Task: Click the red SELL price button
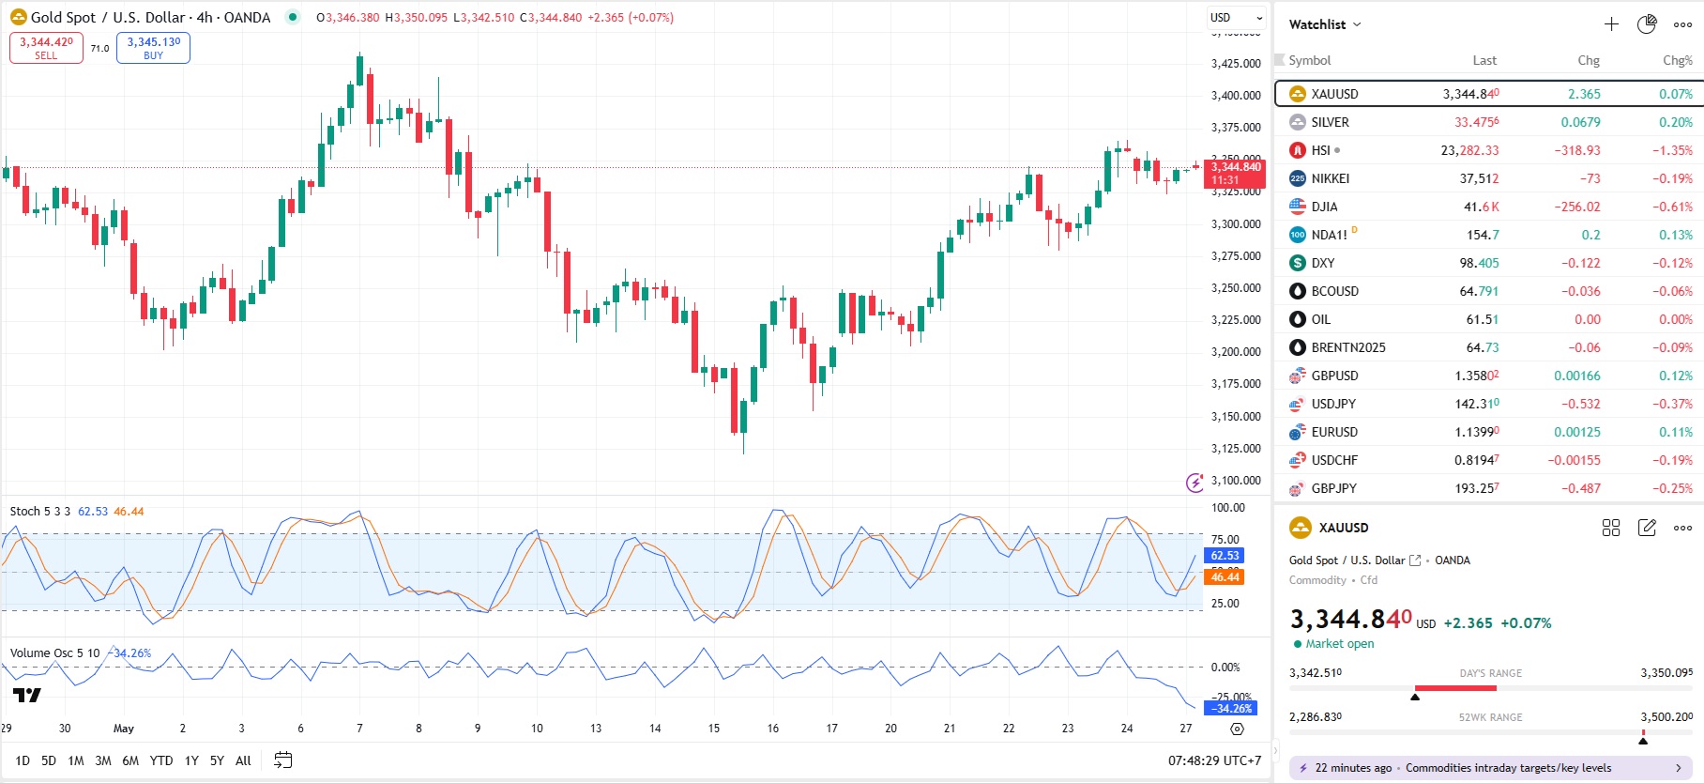pos(46,48)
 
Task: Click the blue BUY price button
pos(153,48)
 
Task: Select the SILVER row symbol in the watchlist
pos(1330,122)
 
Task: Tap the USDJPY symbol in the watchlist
pos(1332,404)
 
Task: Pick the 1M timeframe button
pos(76,760)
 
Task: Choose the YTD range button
pos(161,760)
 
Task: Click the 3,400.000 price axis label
pos(1236,96)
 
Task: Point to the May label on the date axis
pos(124,729)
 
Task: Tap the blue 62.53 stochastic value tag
pos(1225,556)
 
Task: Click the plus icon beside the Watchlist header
pos(1611,24)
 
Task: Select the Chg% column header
pos(1677,60)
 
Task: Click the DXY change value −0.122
pos(1581,263)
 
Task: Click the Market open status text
pos(1339,644)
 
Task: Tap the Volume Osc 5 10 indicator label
pos(54,653)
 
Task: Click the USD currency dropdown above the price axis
pos(1236,18)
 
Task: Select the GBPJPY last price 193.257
pos(1477,488)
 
